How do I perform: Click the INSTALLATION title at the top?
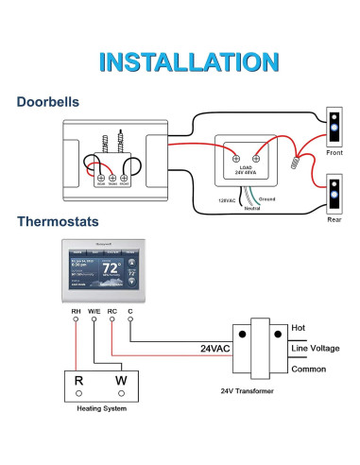pyautogui.click(x=180, y=62)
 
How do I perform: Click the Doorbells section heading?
pyautogui.click(x=48, y=102)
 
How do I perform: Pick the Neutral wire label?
pyautogui.click(x=247, y=210)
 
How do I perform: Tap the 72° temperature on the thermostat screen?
pyautogui.click(x=111, y=268)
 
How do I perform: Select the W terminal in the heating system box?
pyautogui.click(x=120, y=380)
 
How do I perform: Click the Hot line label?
pyautogui.click(x=300, y=327)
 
